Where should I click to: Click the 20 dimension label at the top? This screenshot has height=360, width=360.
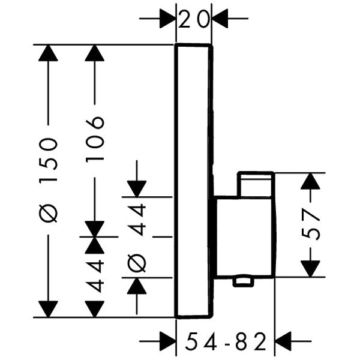194,19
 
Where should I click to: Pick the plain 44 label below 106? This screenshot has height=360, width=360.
95,275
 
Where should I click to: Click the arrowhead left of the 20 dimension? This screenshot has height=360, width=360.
166,19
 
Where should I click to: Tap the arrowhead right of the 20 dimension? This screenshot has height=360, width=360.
221,19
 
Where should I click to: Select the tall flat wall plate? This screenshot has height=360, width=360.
193,180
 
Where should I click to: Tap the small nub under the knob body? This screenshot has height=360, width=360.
244,281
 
